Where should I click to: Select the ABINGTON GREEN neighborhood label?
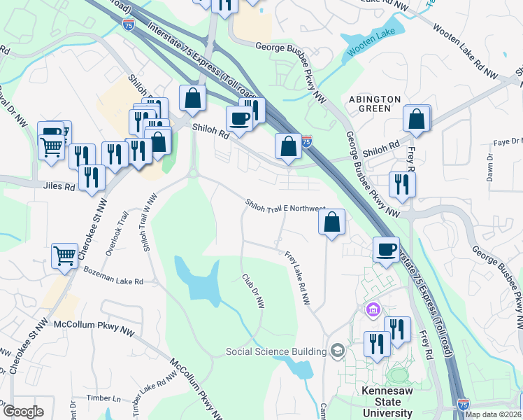coord(375,104)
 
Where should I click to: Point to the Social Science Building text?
coord(276,351)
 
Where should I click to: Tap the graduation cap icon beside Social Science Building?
coord(338,351)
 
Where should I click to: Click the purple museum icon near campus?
coord(372,309)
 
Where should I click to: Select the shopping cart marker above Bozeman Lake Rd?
coord(64,256)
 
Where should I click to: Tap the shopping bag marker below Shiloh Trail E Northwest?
coord(332,222)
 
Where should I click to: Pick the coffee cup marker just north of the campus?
coord(386,250)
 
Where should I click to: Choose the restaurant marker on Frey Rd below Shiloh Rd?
coord(401,184)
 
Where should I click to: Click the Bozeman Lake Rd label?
coord(113,276)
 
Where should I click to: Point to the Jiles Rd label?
coord(60,187)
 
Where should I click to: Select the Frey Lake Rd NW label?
coord(297,278)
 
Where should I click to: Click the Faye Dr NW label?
coord(506,141)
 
